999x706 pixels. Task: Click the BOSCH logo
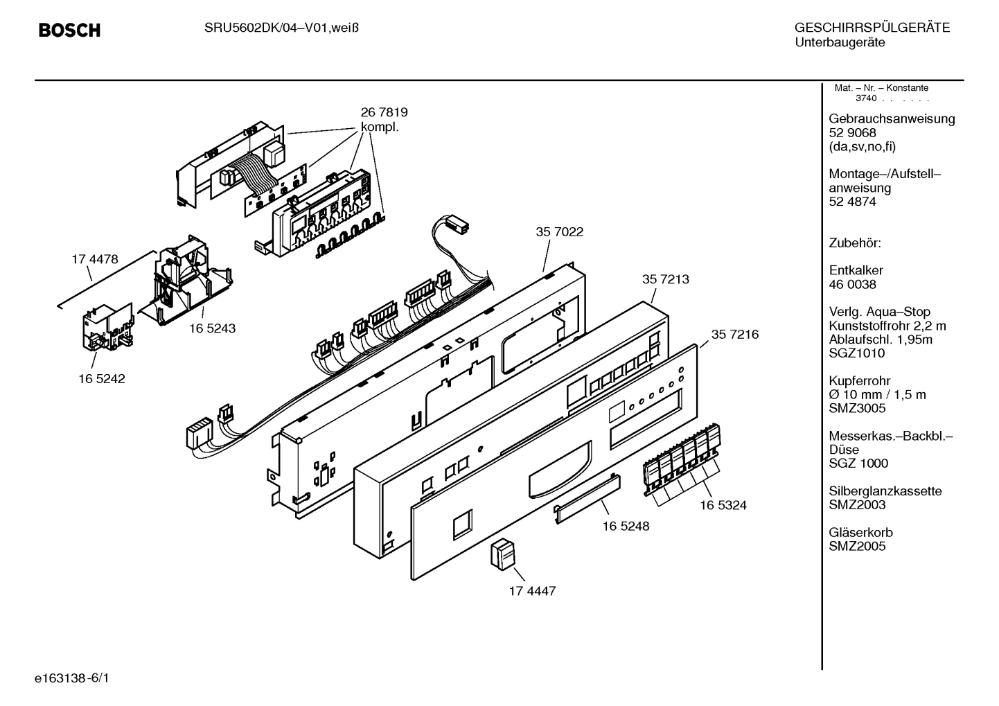tap(69, 30)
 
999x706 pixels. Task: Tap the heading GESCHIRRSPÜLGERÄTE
tap(872, 28)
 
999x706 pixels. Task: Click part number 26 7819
tap(384, 112)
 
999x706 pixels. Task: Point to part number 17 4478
tap(95, 259)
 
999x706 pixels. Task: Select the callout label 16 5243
tap(212, 328)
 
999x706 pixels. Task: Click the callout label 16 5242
tap(101, 379)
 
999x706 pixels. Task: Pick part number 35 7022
tap(559, 232)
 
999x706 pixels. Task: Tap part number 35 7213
tap(665, 279)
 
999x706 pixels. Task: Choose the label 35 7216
tap(734, 335)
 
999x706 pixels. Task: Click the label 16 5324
tap(723, 505)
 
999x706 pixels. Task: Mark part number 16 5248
tap(626, 526)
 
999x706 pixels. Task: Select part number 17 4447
tap(532, 591)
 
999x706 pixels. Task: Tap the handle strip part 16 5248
tap(585, 497)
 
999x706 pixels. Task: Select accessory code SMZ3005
tap(857, 408)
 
